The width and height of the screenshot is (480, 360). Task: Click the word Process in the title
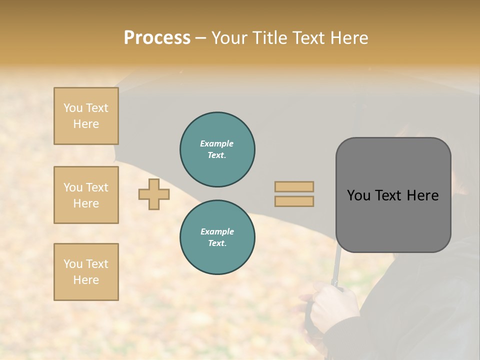coord(157,37)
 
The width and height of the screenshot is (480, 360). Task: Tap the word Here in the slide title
coord(348,37)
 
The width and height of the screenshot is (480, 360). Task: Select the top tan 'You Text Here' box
coord(86,116)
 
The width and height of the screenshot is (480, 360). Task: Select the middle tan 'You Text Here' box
coord(86,195)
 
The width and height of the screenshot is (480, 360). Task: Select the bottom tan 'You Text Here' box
coord(86,272)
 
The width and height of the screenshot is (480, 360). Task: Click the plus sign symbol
coord(154,194)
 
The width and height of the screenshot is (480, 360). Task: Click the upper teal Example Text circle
coord(217,149)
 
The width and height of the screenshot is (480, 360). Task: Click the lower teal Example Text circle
coord(217,237)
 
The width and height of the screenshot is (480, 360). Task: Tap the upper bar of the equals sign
coord(294,187)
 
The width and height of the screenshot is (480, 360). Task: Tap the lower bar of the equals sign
coord(294,201)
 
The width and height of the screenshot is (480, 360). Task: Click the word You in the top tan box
coord(73,108)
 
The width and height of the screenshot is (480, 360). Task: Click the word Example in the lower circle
coord(217,231)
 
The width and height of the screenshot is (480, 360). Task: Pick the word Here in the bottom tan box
coord(86,280)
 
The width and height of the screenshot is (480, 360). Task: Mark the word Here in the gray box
coord(423,195)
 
